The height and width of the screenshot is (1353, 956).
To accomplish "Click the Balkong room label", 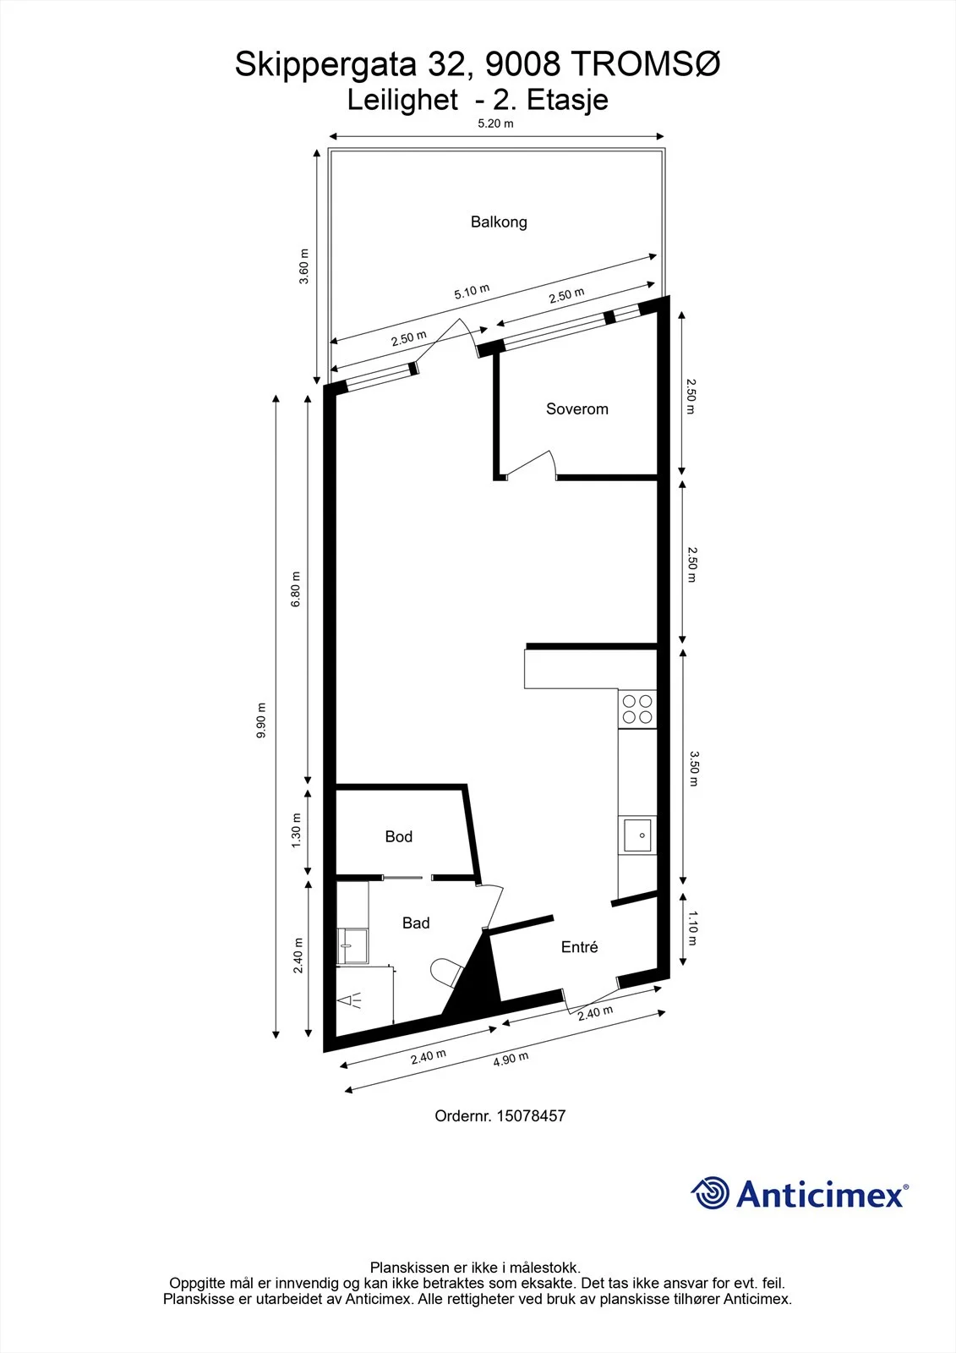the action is click(x=499, y=222).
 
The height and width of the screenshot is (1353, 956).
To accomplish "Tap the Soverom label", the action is click(x=576, y=409).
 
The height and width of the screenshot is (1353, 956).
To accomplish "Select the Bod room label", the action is click(x=399, y=836).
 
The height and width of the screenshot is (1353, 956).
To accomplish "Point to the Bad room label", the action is click(x=416, y=923).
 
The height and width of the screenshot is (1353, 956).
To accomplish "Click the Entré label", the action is click(x=579, y=946).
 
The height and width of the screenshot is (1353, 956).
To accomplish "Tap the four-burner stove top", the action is click(x=637, y=709).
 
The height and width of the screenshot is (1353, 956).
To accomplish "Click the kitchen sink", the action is click(x=637, y=835).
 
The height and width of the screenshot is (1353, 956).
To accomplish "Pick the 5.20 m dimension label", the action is click(x=495, y=123).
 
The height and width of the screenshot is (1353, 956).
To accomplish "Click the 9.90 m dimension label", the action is click(x=261, y=720).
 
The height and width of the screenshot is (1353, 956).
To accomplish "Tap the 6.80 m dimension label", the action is click(x=295, y=589).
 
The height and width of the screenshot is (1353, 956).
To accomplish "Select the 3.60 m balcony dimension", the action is click(x=303, y=266).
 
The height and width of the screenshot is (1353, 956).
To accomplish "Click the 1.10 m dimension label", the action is click(x=692, y=928).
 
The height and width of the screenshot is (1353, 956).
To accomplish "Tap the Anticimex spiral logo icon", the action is click(x=710, y=1193).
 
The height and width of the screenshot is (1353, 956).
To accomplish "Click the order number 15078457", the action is click(x=532, y=1115).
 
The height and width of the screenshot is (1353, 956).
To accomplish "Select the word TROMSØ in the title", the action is click(x=645, y=64).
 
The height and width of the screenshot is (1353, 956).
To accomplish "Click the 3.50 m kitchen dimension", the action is click(x=694, y=769).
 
